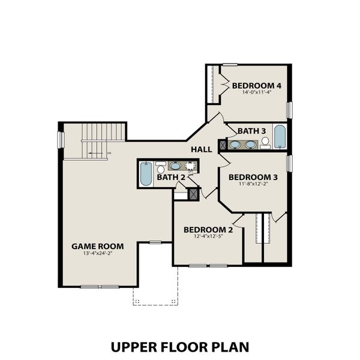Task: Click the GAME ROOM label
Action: coord(97,246)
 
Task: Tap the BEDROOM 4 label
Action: coord(257,85)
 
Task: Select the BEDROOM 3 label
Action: coord(253,177)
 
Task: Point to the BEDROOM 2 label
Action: coord(208,230)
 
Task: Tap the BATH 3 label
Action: coord(251,131)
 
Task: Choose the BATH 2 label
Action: coord(171,177)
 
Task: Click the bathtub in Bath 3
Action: coord(280,136)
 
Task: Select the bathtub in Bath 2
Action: coord(146,175)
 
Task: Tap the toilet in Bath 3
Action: coord(265,142)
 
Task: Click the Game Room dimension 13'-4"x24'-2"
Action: coord(97,254)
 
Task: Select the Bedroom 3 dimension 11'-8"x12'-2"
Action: coord(253,185)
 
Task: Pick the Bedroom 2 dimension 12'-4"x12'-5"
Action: coord(208,238)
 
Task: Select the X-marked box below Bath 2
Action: coord(193,194)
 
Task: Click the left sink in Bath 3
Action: coord(236,144)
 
